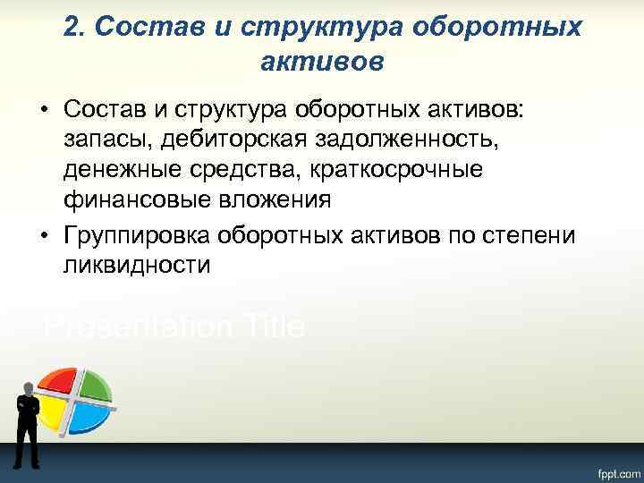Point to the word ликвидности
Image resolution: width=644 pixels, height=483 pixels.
(136, 265)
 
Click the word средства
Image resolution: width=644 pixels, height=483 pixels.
(226, 170)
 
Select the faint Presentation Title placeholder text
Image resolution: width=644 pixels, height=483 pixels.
(174, 326)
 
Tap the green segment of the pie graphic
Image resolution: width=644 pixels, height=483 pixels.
(95, 383)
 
